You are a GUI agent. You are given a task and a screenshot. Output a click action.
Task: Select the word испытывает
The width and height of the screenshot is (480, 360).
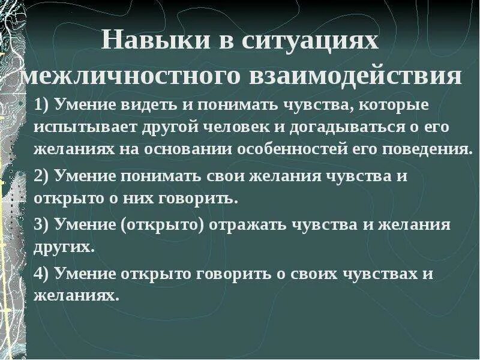pyautogui.click(x=81, y=127)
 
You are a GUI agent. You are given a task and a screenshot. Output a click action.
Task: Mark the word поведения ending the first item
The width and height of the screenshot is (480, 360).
pyautogui.click(x=434, y=148)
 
